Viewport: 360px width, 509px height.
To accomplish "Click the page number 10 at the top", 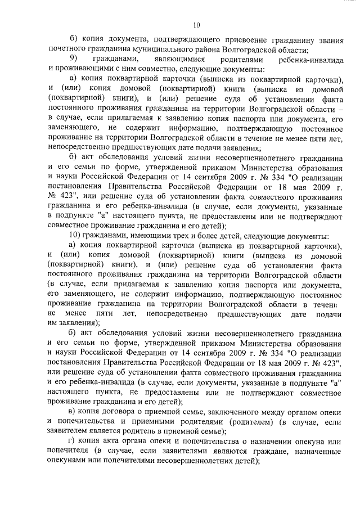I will point(196,25).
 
